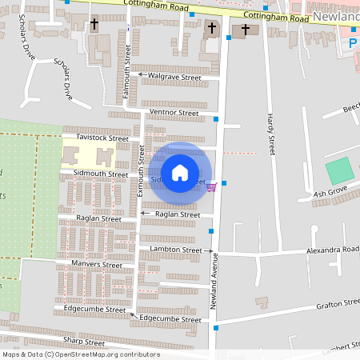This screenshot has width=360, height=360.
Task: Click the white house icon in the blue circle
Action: (x=180, y=172)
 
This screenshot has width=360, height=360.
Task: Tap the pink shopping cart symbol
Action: (x=212, y=187)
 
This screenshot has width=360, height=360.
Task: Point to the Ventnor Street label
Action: (x=174, y=113)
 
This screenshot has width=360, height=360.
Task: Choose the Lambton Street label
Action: (x=176, y=250)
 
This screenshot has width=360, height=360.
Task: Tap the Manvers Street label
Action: (x=96, y=264)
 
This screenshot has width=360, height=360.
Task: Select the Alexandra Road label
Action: (x=332, y=250)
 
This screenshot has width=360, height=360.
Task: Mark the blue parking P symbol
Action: (x=353, y=42)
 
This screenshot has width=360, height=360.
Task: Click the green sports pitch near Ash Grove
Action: (x=340, y=170)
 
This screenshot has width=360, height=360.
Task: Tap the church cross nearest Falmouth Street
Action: (x=94, y=25)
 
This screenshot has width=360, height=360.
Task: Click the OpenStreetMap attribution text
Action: (x=80, y=354)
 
